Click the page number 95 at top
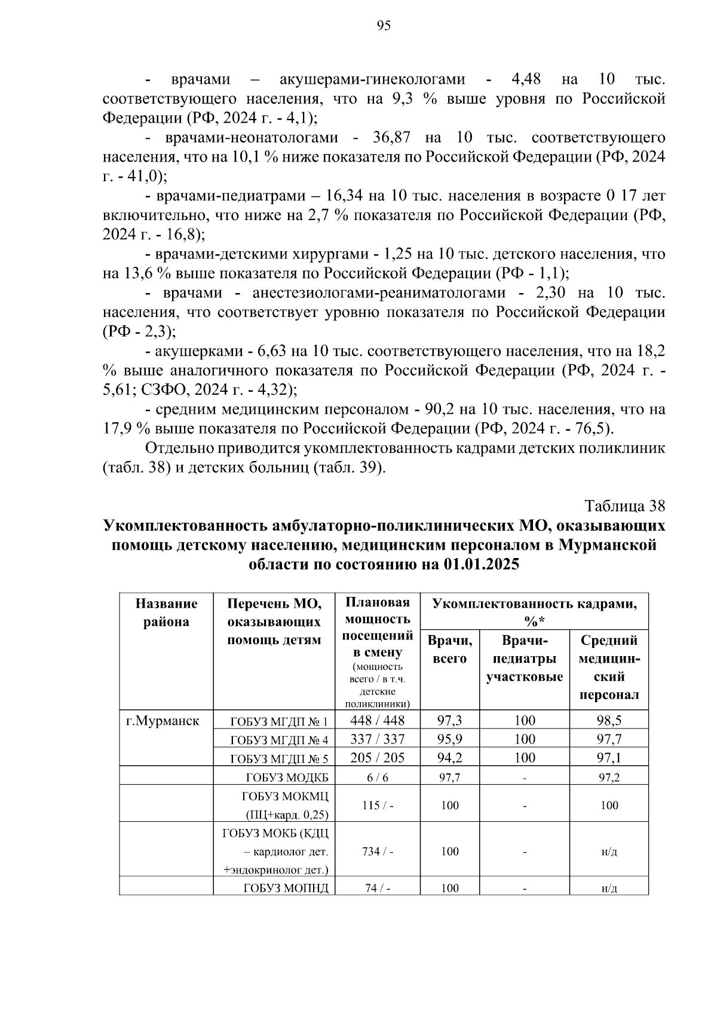click(384, 26)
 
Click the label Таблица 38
click(624, 506)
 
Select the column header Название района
click(166, 612)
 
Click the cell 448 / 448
click(377, 720)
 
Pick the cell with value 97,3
click(449, 720)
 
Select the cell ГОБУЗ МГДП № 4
click(279, 740)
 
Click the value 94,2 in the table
click(449, 758)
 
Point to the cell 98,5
click(609, 720)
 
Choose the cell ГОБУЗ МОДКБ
click(287, 778)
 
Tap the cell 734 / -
click(378, 851)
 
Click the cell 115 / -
click(378, 805)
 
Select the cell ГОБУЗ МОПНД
click(286, 888)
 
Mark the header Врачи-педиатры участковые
click(525, 659)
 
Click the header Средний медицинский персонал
click(609, 667)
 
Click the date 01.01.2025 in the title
click(481, 564)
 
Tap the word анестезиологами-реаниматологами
click(378, 293)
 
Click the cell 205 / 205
click(377, 758)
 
